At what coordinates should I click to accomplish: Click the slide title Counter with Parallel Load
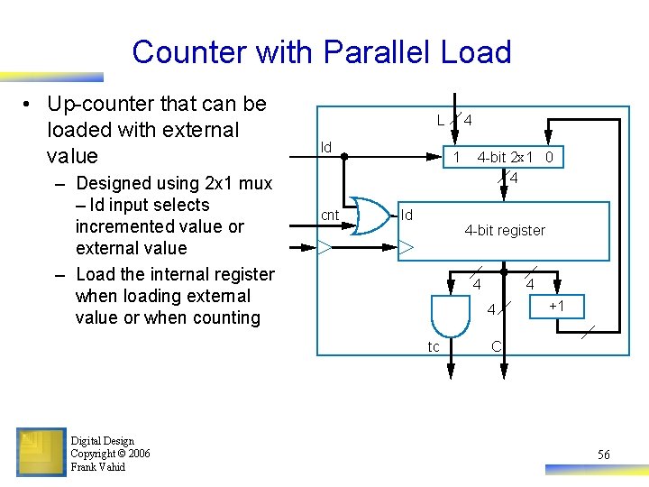click(322, 51)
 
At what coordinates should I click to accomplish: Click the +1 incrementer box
click(556, 307)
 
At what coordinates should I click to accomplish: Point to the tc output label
click(434, 347)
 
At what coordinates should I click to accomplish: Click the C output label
click(496, 346)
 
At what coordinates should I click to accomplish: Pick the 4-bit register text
click(505, 231)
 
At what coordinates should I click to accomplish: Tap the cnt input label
click(330, 216)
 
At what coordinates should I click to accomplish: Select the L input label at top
click(440, 120)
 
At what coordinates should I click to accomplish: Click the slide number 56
click(603, 455)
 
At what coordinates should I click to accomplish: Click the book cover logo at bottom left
click(41, 452)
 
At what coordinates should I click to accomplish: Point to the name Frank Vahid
click(98, 467)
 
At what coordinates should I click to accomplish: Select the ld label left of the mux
click(326, 147)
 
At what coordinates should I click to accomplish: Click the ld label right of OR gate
click(407, 216)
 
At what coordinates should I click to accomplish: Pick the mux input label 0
click(548, 157)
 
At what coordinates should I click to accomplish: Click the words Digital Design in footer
click(102, 441)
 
